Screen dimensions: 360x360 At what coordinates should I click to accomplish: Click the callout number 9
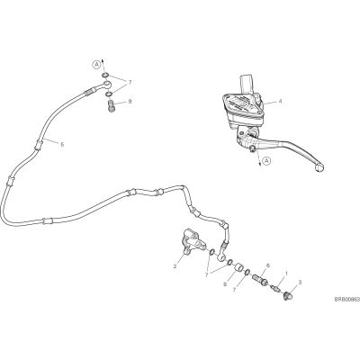pyautogui.click(x=130, y=102)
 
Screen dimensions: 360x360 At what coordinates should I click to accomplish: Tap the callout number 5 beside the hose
pyautogui.click(x=62, y=145)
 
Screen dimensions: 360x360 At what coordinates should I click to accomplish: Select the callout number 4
pyautogui.click(x=280, y=102)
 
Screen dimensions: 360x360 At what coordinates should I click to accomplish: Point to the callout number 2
pyautogui.click(x=175, y=266)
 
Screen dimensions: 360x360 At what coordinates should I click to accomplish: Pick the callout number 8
pyautogui.click(x=225, y=283)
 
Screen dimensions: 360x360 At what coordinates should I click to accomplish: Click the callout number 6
pyautogui.click(x=268, y=265)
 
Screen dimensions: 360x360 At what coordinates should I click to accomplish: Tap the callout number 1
pyautogui.click(x=286, y=274)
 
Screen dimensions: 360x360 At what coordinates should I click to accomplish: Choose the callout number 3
pyautogui.click(x=300, y=282)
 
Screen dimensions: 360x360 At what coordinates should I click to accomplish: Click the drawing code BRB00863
pyautogui.click(x=347, y=300)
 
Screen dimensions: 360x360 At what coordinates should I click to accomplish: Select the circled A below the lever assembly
pyautogui.click(x=266, y=161)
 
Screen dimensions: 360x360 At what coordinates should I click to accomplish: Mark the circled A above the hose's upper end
pyautogui.click(x=96, y=64)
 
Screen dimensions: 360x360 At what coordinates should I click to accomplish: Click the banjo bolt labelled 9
pyautogui.click(x=111, y=106)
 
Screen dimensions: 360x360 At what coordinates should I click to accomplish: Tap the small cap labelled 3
pyautogui.click(x=287, y=295)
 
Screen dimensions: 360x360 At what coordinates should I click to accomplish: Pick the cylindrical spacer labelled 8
pyautogui.click(x=238, y=266)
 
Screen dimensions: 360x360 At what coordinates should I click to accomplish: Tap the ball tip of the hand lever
pyautogui.click(x=319, y=167)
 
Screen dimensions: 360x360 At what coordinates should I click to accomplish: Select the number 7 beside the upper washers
pyautogui.click(x=130, y=82)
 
